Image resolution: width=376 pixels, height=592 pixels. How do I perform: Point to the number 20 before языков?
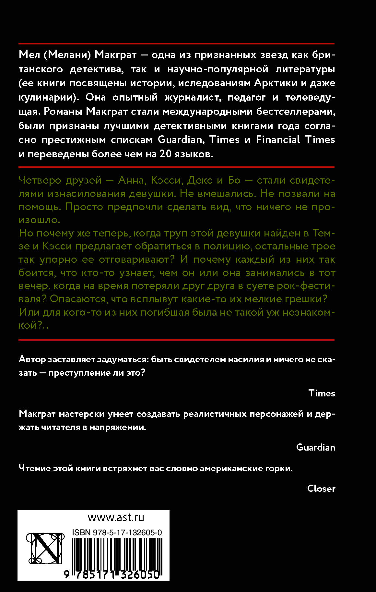tap(165, 154)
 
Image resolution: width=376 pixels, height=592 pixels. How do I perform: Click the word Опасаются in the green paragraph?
tap(78, 299)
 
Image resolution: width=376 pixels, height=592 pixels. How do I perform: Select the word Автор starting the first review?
tap(32, 359)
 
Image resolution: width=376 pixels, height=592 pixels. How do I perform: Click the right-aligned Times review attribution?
tap(322, 393)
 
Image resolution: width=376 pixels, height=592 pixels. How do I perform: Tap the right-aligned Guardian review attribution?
tap(316, 447)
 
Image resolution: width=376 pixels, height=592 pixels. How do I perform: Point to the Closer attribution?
tap(321, 489)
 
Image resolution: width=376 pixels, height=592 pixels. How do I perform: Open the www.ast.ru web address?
tap(116, 517)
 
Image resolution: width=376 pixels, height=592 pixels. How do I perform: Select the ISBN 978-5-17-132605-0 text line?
tap(117, 533)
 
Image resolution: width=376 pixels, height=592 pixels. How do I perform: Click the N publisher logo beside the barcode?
tap(45, 549)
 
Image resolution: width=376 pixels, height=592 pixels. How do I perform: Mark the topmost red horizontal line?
tap(176, 43)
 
